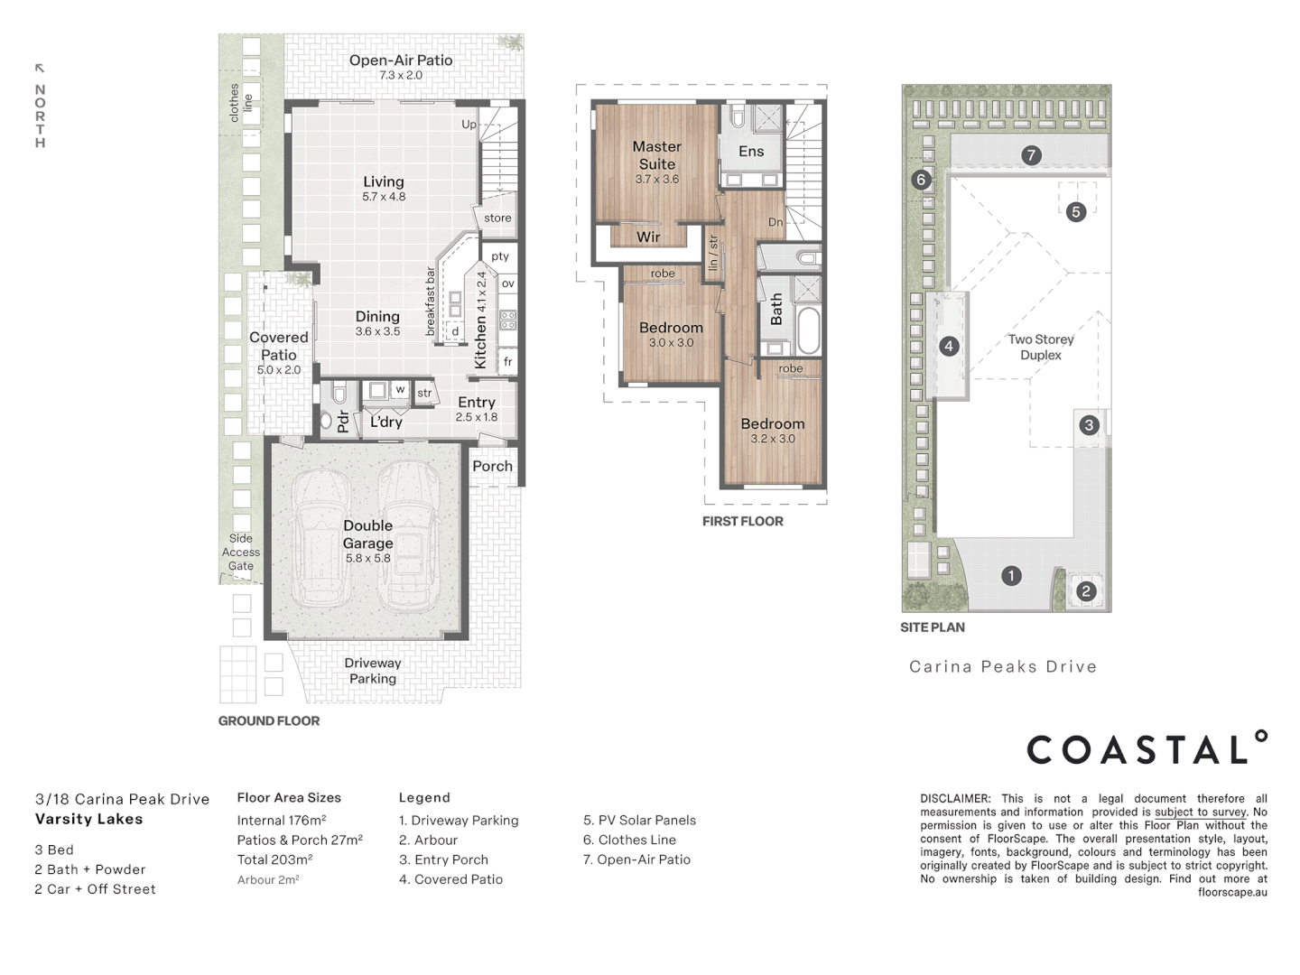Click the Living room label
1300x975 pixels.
coord(384,181)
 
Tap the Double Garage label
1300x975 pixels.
coord(367,534)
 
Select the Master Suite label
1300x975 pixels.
coord(657,155)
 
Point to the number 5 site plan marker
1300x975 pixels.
coord(1075,211)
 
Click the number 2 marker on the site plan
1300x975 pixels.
coord(1086,590)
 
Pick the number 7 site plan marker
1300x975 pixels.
coord(1031,155)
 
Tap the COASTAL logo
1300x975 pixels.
coord(1147,747)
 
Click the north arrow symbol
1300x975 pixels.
coord(40,68)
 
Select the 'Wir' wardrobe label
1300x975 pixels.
coord(648,237)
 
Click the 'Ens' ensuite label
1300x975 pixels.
coord(751,152)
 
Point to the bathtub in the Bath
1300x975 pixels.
coord(808,331)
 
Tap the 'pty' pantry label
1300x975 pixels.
coord(500,256)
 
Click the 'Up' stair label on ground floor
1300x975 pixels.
coord(469,125)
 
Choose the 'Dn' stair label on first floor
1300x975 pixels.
coord(775,222)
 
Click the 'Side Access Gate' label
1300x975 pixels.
coord(240,552)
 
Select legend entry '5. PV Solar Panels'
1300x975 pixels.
coord(639,820)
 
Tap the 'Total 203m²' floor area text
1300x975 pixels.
coord(274,859)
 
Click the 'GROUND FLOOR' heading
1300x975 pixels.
coord(269,720)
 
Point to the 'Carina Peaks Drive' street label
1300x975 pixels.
coord(1003,666)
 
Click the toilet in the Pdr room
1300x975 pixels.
coord(339,393)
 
